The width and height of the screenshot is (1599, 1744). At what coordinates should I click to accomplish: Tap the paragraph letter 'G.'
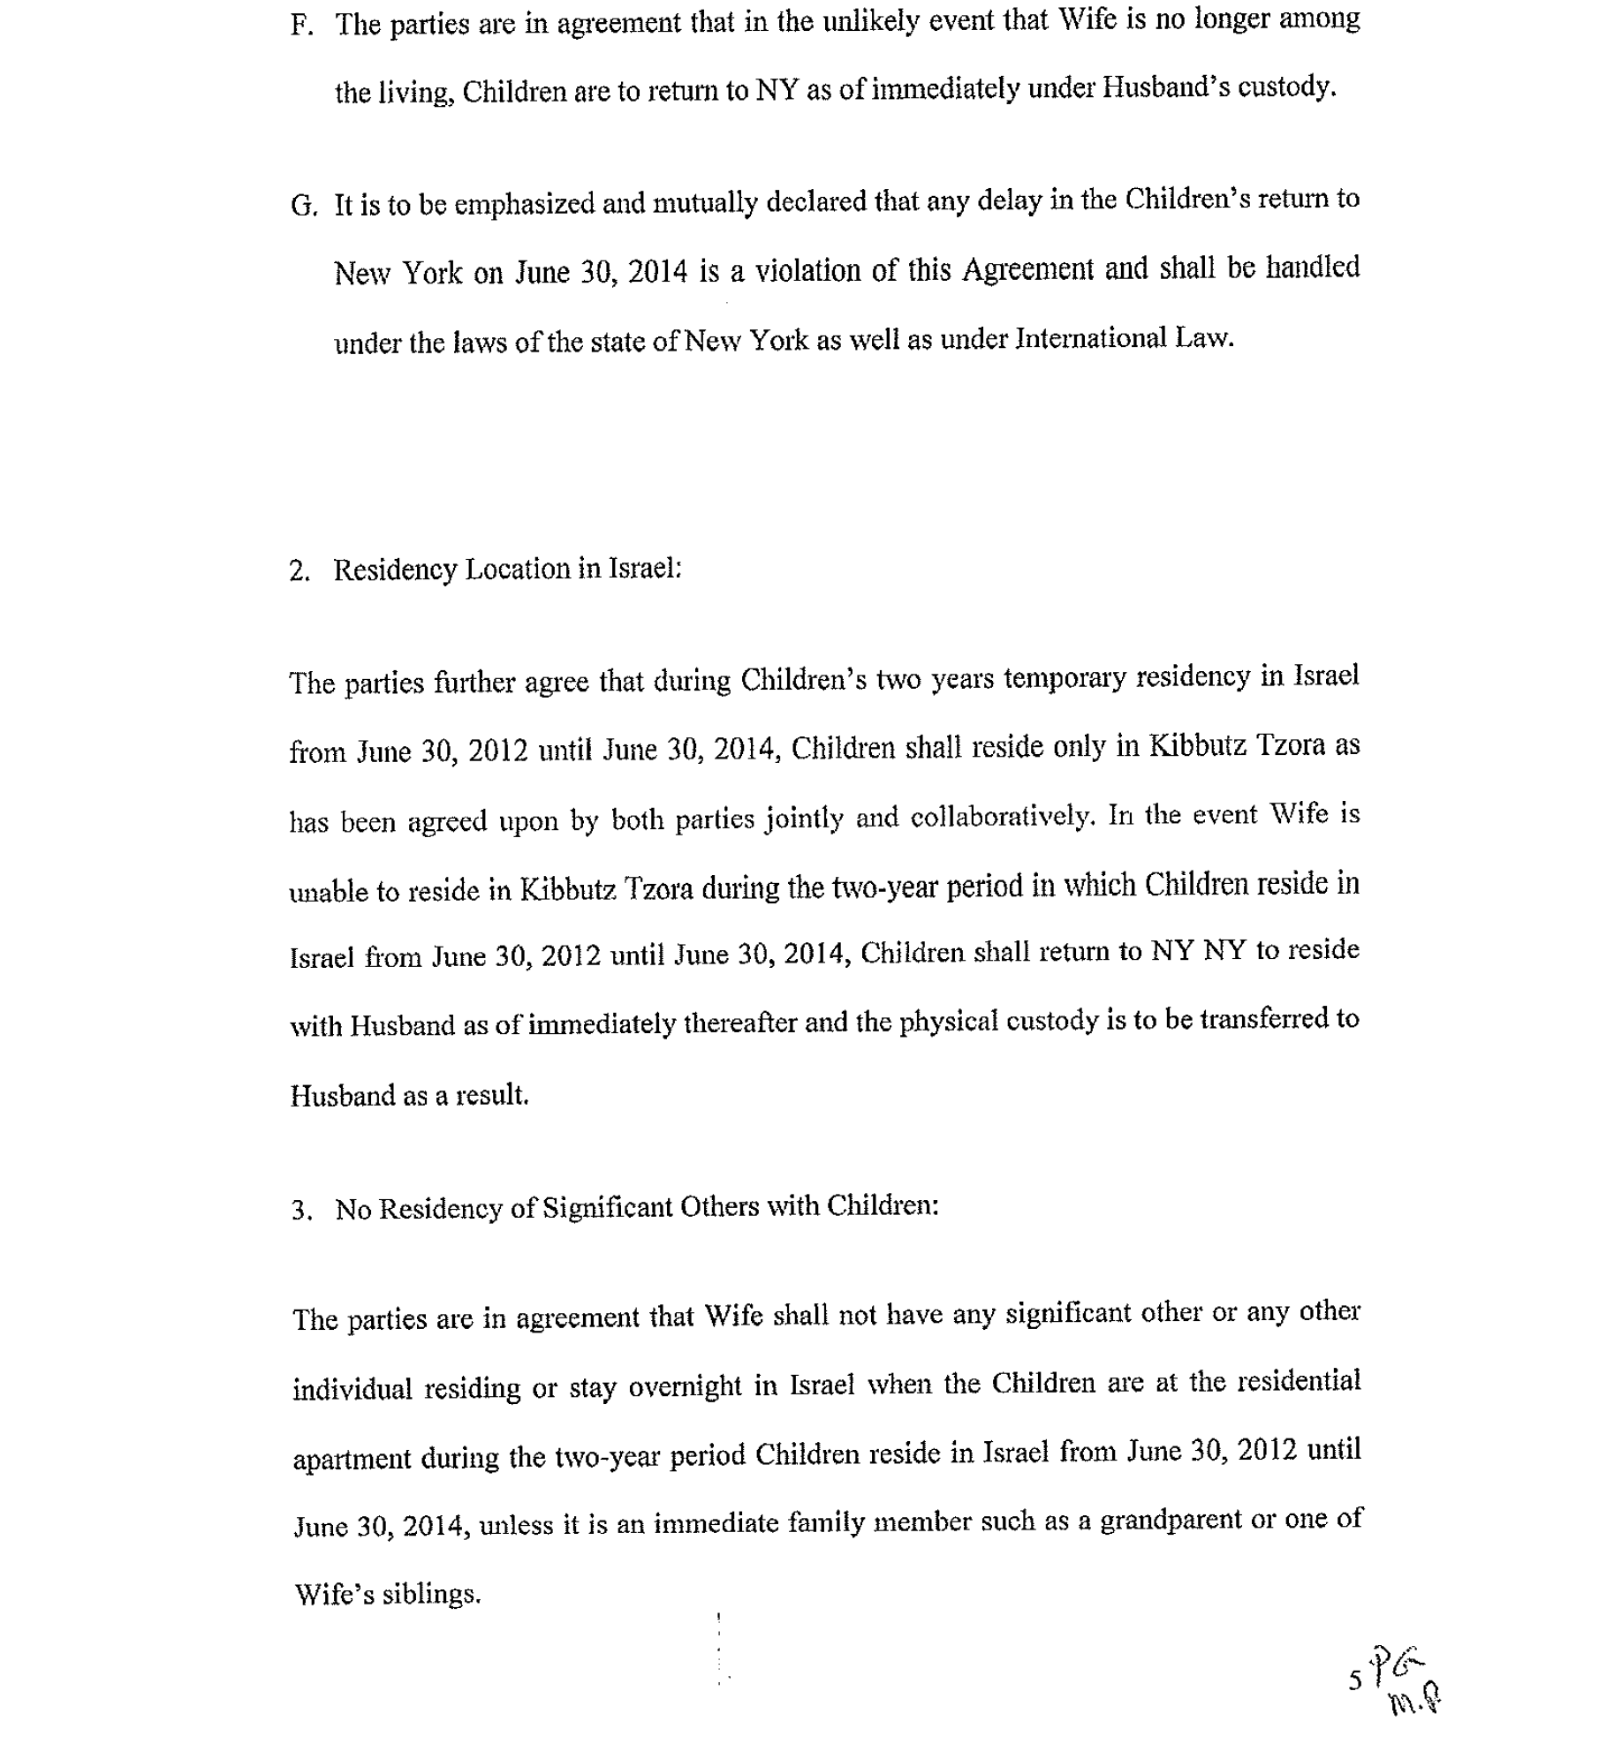[x=303, y=207]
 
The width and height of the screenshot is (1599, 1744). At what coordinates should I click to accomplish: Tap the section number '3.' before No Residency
[x=301, y=1210]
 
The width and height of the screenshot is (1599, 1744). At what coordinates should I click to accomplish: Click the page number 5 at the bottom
[x=1354, y=1680]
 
